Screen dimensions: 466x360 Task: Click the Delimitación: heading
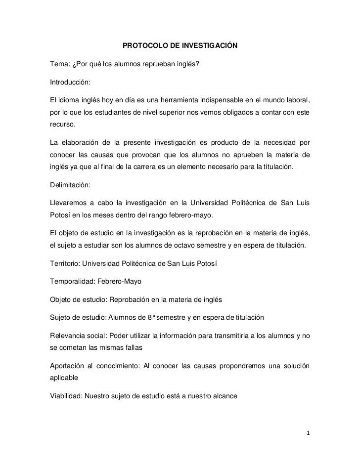point(70,185)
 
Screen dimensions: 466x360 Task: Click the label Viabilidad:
point(67,396)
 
